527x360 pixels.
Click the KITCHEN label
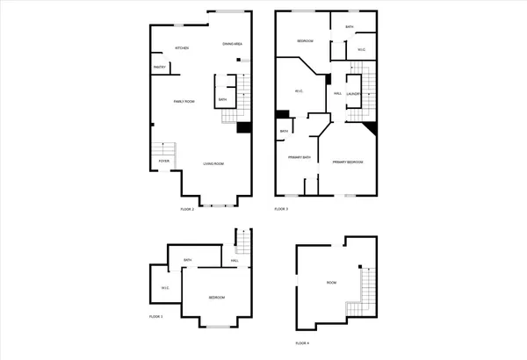pos(182,48)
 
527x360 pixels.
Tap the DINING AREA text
pos(232,44)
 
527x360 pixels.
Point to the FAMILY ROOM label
pos(184,102)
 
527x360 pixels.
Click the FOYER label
pos(163,162)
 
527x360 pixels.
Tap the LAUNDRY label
pos(354,93)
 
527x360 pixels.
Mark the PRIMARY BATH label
pos(300,157)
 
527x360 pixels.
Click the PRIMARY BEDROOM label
pos(348,162)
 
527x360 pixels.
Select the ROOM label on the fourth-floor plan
pos(331,283)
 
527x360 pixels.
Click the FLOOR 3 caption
pos(281,209)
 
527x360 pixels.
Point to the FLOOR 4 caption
pos(302,343)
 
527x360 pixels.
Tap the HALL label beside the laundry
pos(337,93)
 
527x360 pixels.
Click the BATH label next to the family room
pos(222,100)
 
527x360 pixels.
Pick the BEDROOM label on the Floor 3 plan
pos(305,41)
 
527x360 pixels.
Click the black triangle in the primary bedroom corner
pos(372,128)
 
